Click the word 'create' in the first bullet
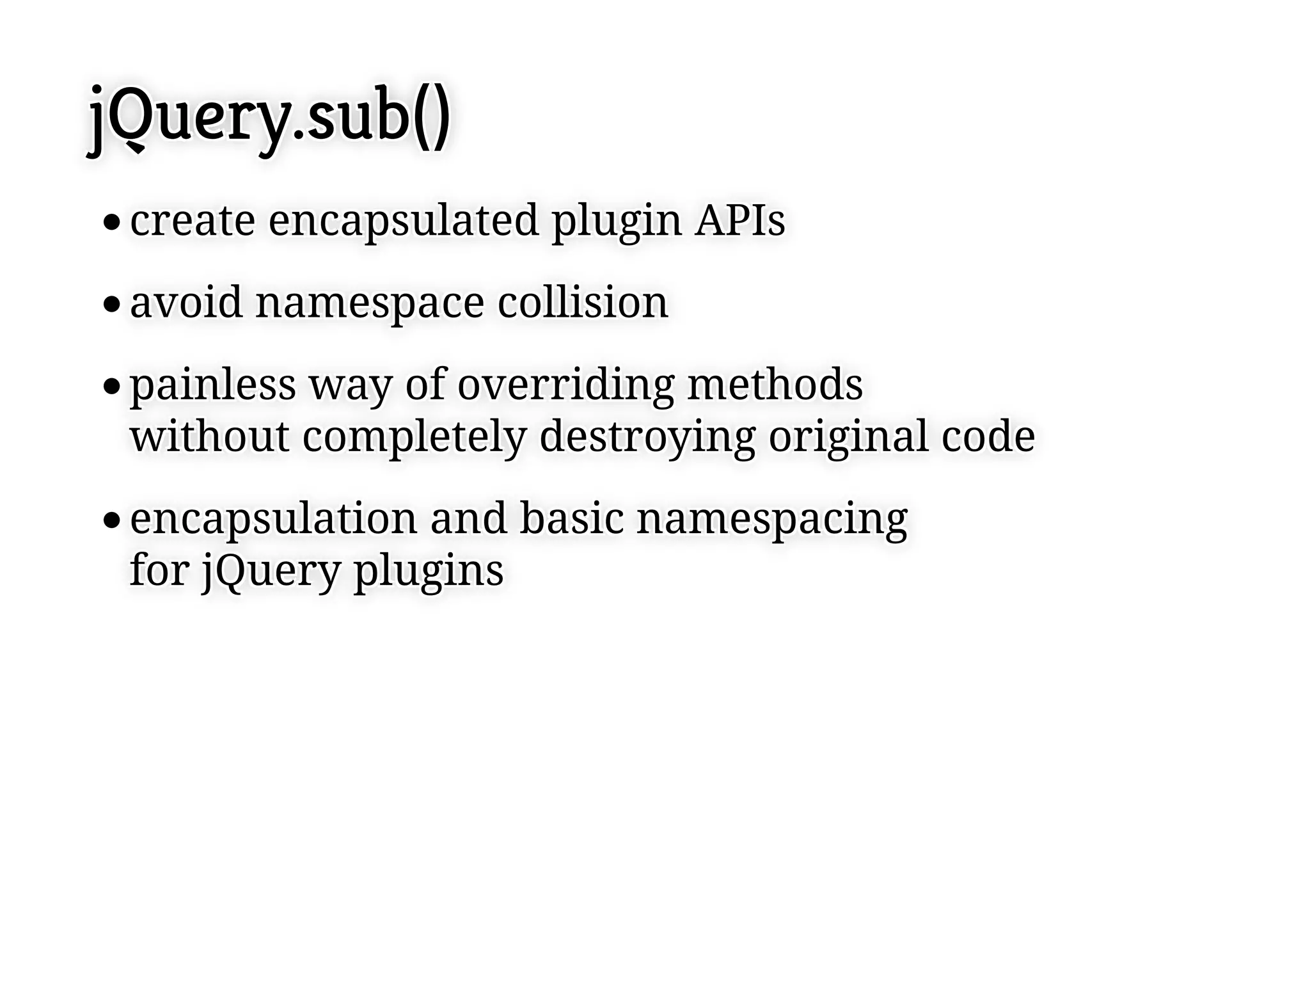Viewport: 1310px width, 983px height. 193,221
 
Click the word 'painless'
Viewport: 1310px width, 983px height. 213,386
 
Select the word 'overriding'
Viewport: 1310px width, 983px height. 565,386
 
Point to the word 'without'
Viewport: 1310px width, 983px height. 210,436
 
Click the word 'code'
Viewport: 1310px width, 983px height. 988,436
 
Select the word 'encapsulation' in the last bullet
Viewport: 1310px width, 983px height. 274,520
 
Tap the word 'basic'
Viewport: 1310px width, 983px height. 571,518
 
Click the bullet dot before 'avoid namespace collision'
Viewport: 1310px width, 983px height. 111,305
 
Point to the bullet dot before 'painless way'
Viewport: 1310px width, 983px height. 111,387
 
